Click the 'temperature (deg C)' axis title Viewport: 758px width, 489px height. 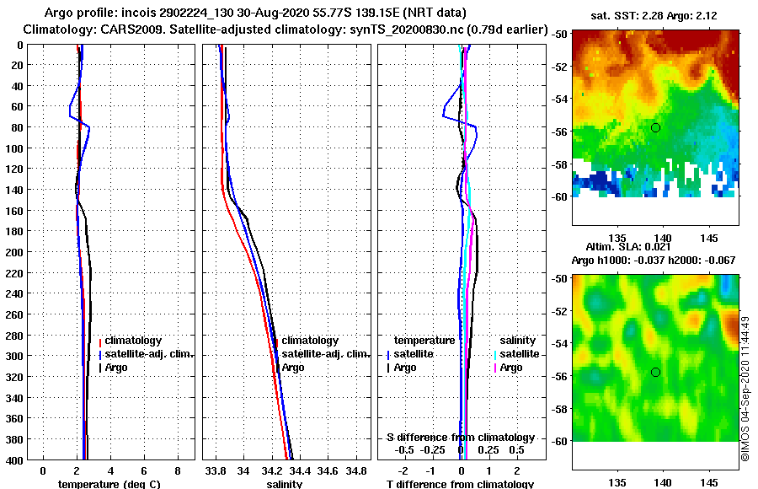(109, 484)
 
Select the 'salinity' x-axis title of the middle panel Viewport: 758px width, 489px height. (285, 484)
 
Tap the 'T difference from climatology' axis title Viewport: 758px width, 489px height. (460, 484)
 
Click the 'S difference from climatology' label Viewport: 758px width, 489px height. (460, 438)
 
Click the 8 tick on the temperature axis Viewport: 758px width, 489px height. (177, 470)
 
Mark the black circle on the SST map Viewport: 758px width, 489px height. (655, 127)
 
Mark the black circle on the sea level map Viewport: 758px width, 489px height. (655, 372)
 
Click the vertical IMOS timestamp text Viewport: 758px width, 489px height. (745, 388)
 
